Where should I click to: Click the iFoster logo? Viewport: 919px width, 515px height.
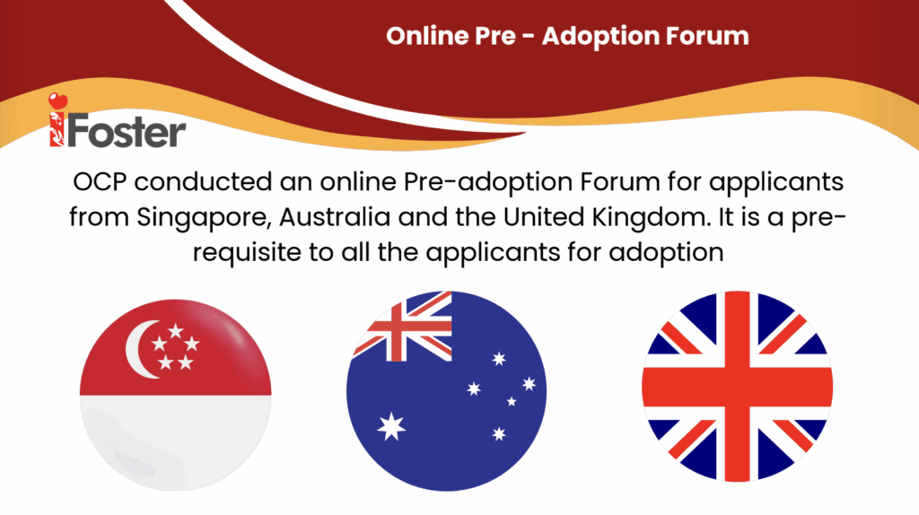point(118,121)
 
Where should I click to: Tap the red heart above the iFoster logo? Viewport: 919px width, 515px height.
point(58,101)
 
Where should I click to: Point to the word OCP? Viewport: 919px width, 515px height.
point(100,181)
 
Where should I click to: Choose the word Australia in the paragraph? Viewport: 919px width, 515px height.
point(335,217)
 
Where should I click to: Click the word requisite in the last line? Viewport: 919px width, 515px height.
point(247,253)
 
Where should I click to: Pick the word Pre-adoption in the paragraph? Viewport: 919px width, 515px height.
point(487,182)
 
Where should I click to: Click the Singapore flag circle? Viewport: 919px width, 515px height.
point(175,395)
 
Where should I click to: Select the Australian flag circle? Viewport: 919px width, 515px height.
point(447,391)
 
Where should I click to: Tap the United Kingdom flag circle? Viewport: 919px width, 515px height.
point(738,387)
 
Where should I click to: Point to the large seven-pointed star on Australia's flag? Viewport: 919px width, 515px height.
point(391,426)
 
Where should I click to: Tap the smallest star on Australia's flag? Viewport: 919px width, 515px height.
point(512,401)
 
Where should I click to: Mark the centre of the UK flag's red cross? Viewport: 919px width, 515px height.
point(738,387)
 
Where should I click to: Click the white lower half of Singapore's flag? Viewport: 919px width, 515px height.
point(175,442)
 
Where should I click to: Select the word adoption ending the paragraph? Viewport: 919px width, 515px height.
point(667,253)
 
